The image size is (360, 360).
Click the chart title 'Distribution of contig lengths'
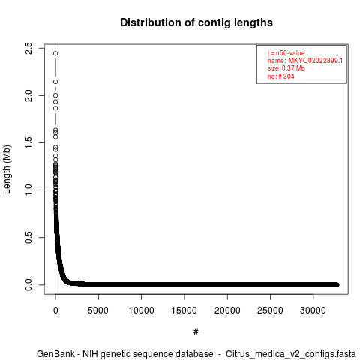pos(196,22)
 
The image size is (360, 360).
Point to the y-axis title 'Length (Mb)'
pos(7,169)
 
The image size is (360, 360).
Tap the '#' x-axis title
pos(196,332)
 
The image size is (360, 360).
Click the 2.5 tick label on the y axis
pos(28,48)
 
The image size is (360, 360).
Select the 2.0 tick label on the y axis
pos(28,95)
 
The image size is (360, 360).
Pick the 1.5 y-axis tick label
pos(28,142)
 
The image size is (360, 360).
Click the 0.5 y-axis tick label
pos(28,237)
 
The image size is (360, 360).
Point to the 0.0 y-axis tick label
pos(28,284)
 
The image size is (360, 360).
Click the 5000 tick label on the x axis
pos(98,310)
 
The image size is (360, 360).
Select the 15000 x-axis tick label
pos(184,310)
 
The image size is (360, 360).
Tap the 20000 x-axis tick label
pos(227,310)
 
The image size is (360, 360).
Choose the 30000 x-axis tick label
pos(313,310)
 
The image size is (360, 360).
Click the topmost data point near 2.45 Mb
pos(55,53)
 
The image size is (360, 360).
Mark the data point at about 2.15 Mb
pos(55,82)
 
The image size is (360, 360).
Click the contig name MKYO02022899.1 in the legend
pos(316,61)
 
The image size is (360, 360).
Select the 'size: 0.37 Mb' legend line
pos(286,68)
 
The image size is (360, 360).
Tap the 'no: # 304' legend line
pos(281,76)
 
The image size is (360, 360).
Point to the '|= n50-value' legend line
pos(286,53)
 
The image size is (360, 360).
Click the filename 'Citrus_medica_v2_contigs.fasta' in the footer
pos(291,354)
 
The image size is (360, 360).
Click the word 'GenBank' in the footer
pos(55,354)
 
